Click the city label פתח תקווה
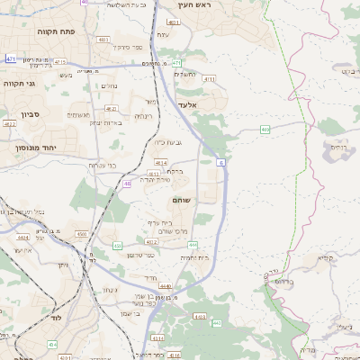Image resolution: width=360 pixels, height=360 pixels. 56,31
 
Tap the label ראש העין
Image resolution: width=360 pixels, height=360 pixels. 192,5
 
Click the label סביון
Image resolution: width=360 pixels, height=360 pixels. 29,114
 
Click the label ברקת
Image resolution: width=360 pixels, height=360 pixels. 176,171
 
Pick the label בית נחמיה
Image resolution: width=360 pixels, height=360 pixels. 194,257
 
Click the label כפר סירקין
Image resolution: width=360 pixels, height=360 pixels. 130,46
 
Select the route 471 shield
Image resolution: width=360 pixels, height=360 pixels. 11,58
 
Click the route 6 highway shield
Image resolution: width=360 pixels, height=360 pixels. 220,163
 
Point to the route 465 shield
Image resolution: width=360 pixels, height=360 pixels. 265,130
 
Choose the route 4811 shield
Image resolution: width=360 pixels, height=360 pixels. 104,40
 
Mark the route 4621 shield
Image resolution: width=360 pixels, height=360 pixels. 112,109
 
